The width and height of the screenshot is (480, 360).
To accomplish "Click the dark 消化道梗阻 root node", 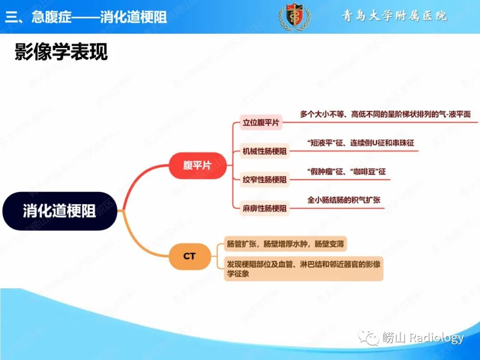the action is (60, 211).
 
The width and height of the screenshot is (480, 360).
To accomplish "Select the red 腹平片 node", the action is (197, 165).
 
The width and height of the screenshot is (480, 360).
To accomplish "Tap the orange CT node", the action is (189, 256).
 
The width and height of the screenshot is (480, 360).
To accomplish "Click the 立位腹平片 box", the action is (261, 123).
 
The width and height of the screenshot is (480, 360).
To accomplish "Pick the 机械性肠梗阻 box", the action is (264, 151).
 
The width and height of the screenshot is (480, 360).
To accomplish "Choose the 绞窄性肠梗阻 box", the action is (264, 180).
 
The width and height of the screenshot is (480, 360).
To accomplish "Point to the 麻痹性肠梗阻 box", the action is (264, 208).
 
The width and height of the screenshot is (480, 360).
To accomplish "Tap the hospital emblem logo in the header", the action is (295, 16).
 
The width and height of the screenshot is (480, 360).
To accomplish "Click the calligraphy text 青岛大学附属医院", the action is (394, 16).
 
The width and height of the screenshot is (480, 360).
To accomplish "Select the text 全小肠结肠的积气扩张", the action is (344, 200).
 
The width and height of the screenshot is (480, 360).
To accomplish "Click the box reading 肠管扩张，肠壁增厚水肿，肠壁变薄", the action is (285, 244).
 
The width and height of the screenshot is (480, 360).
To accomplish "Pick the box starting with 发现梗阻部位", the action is (304, 268).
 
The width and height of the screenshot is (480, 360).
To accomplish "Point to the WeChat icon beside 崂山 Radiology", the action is (369, 338).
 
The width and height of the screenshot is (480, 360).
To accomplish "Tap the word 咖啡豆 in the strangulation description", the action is (364, 172).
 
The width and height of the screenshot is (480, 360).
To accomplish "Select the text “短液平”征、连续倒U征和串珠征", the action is (360, 143).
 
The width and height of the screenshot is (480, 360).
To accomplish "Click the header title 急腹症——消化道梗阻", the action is (100, 16).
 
